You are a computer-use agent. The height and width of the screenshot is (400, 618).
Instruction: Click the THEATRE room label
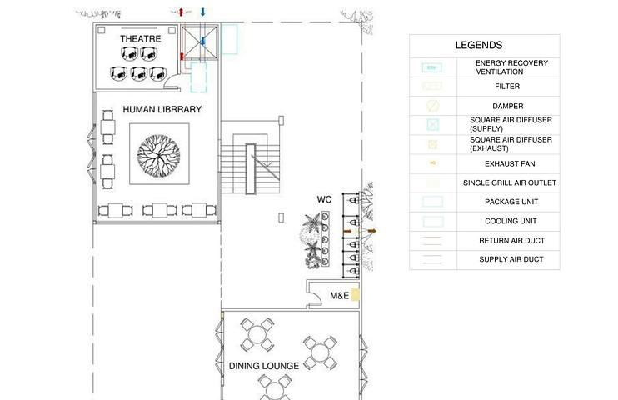(x=140, y=38)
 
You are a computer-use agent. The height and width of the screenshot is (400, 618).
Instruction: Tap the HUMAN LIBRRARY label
(x=162, y=109)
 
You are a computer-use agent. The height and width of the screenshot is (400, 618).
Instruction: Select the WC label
(x=324, y=199)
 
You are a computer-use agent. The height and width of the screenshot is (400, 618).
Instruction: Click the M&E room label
(x=339, y=296)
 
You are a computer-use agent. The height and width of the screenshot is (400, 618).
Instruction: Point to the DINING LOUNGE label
(x=264, y=366)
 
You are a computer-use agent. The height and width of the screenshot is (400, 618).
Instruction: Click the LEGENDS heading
(x=478, y=45)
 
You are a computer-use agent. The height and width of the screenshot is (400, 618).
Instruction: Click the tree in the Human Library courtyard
(x=159, y=156)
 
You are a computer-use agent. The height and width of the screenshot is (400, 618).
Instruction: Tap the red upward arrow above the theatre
(x=182, y=12)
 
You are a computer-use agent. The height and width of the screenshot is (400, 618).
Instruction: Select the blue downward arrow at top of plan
(x=202, y=12)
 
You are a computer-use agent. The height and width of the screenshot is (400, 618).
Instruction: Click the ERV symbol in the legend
(x=432, y=67)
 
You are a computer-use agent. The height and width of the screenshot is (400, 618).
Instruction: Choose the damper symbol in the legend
(x=433, y=106)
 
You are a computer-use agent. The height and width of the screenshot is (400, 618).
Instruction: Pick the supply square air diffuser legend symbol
(x=433, y=125)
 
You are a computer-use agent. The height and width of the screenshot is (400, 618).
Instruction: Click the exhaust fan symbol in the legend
(x=433, y=163)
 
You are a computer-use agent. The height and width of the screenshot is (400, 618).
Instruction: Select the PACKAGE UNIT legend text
(x=511, y=202)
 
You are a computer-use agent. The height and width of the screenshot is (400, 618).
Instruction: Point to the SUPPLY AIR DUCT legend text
(x=511, y=259)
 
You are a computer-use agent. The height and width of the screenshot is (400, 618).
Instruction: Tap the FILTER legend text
(x=507, y=86)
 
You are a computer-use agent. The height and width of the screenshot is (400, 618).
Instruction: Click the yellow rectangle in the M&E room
(x=355, y=295)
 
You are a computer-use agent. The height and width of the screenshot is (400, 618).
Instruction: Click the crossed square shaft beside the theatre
(x=199, y=42)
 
